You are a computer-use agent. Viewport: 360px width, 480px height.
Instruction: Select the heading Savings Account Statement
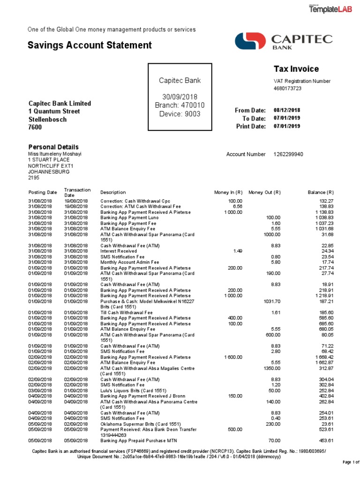pos(90,45)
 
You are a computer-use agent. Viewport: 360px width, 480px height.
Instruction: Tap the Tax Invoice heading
pos(296,69)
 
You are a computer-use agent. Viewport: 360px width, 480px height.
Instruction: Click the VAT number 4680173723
pos(287,88)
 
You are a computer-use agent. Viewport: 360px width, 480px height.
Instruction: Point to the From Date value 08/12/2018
pos(287,110)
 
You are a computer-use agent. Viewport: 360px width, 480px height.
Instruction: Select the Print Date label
pos(251,126)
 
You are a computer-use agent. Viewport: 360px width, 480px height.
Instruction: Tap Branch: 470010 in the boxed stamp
pos(180,105)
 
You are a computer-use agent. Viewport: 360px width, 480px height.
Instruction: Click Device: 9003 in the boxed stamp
pos(180,113)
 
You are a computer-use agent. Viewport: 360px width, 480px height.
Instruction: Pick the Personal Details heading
pos(53,147)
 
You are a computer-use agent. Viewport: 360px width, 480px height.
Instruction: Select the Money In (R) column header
pos(228,192)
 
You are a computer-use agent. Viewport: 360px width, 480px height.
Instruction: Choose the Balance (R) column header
pos(320,192)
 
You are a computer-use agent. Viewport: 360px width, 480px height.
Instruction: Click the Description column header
pos(113,192)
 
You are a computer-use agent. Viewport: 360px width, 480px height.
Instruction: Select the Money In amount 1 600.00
pos(233,357)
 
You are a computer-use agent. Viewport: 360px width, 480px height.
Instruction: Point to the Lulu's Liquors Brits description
pos(133,390)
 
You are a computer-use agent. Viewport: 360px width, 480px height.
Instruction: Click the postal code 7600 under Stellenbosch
pos(36,127)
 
